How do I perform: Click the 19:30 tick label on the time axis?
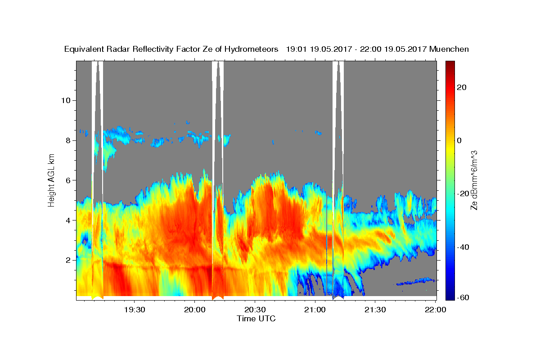click(x=134, y=310)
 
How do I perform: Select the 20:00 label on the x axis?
click(x=194, y=310)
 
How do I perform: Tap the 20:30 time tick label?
click(x=255, y=310)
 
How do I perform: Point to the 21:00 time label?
click(x=315, y=310)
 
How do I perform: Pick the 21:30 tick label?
click(x=375, y=310)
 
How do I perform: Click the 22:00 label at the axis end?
click(x=436, y=310)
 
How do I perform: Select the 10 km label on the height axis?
click(x=66, y=100)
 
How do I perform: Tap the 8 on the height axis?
click(x=68, y=140)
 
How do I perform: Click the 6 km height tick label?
click(x=68, y=180)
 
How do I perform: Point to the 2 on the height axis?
click(x=68, y=260)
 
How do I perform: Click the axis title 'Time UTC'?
click(x=256, y=319)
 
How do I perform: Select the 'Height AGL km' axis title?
click(x=51, y=180)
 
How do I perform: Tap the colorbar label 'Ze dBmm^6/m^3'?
click(x=474, y=180)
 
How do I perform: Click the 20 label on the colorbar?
click(x=461, y=87)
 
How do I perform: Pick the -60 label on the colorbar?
click(x=463, y=297)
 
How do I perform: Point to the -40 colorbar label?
click(x=463, y=247)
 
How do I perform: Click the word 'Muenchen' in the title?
click(x=449, y=49)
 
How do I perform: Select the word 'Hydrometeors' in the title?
click(x=251, y=49)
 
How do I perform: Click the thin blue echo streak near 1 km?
click(x=415, y=281)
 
